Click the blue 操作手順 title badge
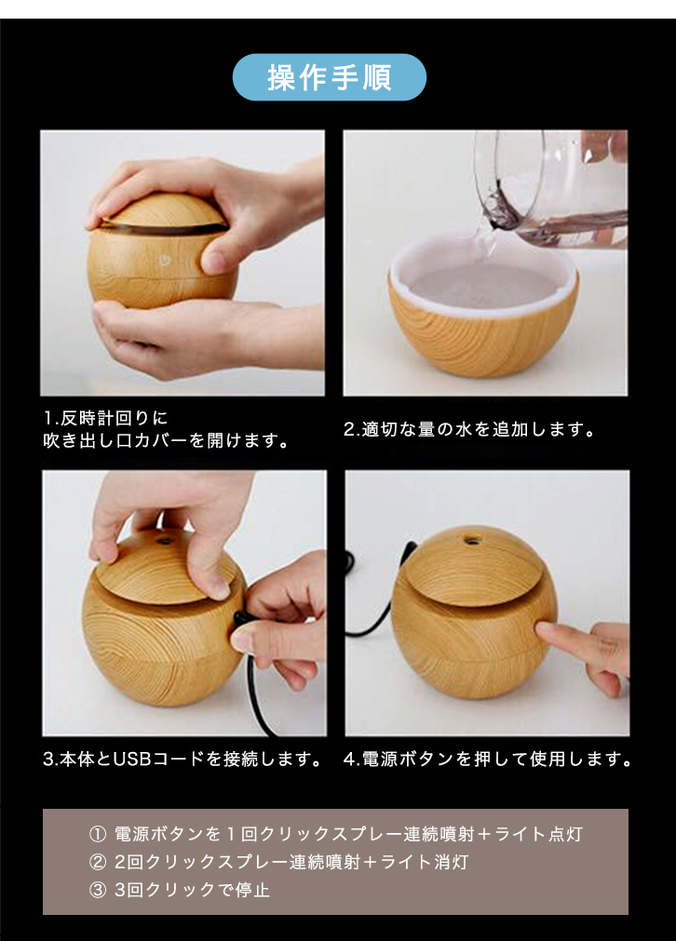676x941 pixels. click(x=329, y=77)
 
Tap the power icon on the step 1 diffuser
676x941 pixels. click(x=162, y=260)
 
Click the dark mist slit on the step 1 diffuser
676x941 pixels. click(x=162, y=228)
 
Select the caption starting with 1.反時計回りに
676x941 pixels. click(x=167, y=429)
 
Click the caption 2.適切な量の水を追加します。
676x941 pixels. click(x=469, y=430)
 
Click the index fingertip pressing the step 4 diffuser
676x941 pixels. click(x=543, y=631)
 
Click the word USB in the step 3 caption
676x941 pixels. click(x=131, y=760)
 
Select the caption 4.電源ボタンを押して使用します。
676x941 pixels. click(x=488, y=760)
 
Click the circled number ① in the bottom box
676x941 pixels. click(x=97, y=834)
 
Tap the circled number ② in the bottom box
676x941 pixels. click(x=97, y=863)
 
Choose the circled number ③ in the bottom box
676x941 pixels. click(x=97, y=890)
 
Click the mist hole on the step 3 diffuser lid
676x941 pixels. click(x=162, y=539)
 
